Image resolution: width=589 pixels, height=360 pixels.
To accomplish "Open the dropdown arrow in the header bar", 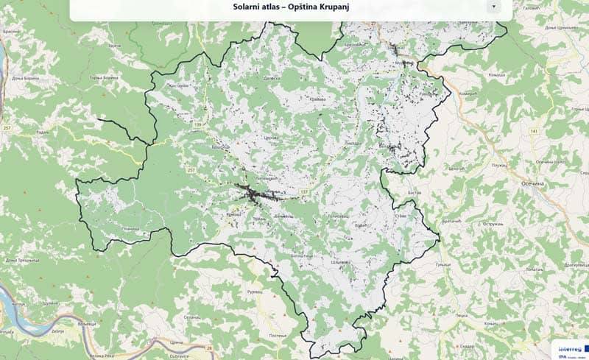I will point(494,6).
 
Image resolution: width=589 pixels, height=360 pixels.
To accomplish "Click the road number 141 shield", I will point(533,130).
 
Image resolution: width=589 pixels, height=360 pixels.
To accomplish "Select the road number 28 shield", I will point(209,347).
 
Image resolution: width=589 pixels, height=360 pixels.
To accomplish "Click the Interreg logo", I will point(568,346).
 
